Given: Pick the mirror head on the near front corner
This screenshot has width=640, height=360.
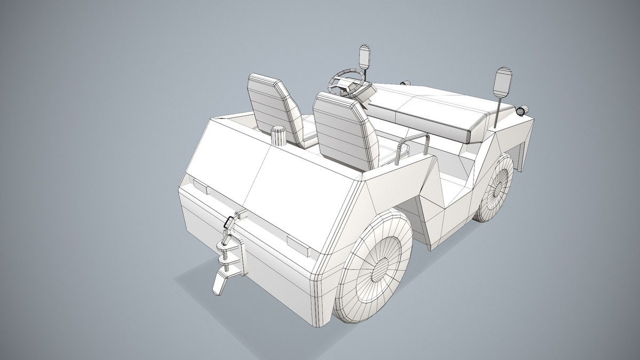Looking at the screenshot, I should (x=502, y=83).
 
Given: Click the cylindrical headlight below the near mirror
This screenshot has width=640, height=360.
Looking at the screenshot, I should (x=522, y=111).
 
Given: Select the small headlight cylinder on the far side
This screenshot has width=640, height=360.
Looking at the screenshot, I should (x=405, y=83).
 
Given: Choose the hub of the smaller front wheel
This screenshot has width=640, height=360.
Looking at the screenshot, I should (x=498, y=188).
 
